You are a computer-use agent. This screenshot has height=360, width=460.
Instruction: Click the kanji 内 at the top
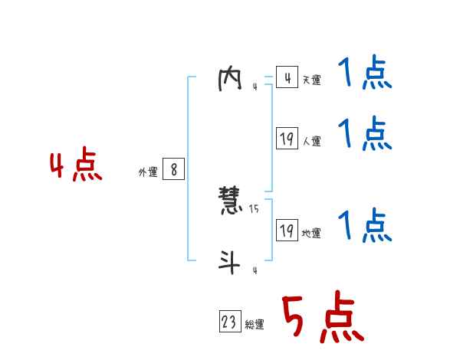230,79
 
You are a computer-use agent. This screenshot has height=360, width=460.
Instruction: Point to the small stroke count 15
254,209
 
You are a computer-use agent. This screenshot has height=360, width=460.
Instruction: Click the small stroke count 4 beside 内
254,87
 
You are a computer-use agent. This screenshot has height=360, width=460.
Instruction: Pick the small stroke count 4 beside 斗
254,270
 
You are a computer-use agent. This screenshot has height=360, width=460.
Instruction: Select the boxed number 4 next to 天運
287,78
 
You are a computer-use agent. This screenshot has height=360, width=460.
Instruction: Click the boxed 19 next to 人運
287,139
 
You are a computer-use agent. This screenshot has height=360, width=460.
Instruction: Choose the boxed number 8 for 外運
174,170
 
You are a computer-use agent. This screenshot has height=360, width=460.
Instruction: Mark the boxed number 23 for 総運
229,322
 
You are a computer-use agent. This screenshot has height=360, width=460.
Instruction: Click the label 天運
311,80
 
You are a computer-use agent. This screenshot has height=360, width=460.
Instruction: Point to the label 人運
311,142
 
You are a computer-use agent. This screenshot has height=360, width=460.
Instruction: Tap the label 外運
147,172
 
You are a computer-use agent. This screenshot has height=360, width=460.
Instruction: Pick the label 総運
255,325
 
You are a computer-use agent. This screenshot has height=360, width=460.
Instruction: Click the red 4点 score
76,167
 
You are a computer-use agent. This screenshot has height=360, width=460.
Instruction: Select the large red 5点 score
322,317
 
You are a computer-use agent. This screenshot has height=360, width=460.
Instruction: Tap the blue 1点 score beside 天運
365,74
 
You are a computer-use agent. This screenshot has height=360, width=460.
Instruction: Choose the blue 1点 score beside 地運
365,225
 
